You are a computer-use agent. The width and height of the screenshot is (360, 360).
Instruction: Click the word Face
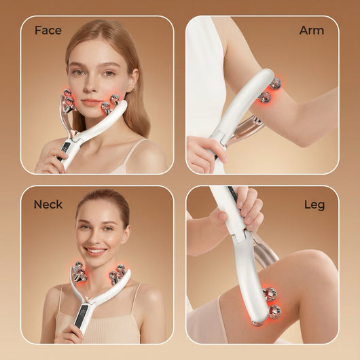[x=48, y=31]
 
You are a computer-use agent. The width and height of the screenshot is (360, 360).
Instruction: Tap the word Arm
[x=312, y=31]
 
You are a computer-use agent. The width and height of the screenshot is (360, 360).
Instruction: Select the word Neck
[x=48, y=204]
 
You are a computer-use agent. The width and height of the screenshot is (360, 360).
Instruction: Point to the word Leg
[x=314, y=205]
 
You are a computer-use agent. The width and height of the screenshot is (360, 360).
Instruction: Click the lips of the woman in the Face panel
[x=91, y=102]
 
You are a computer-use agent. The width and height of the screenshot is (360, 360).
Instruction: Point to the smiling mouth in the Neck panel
[x=96, y=251]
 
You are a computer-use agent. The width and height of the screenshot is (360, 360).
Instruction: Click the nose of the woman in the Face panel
[x=91, y=86]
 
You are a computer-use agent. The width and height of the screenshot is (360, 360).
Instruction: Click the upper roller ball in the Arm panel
[x=275, y=83]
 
